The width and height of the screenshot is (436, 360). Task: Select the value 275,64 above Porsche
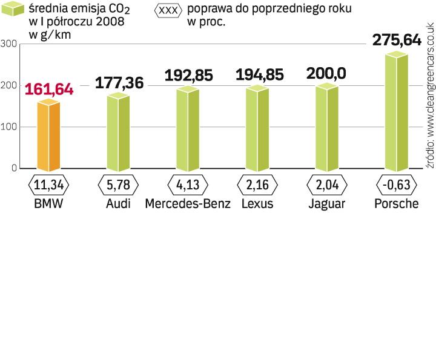tap(397, 40)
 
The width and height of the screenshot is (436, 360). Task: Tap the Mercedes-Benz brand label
tap(188, 203)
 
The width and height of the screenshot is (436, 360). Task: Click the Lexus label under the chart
tap(257, 203)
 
